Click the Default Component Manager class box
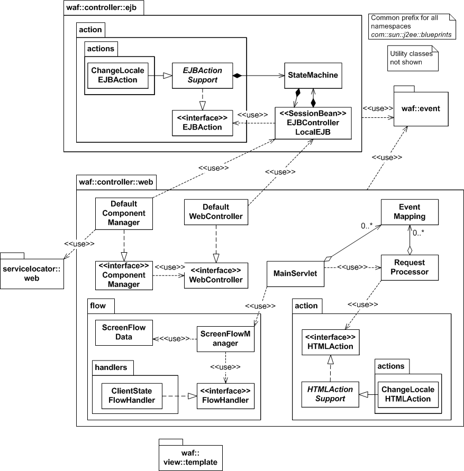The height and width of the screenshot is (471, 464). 124,213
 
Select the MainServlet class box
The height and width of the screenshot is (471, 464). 295,273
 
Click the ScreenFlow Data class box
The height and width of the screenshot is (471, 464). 124,331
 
